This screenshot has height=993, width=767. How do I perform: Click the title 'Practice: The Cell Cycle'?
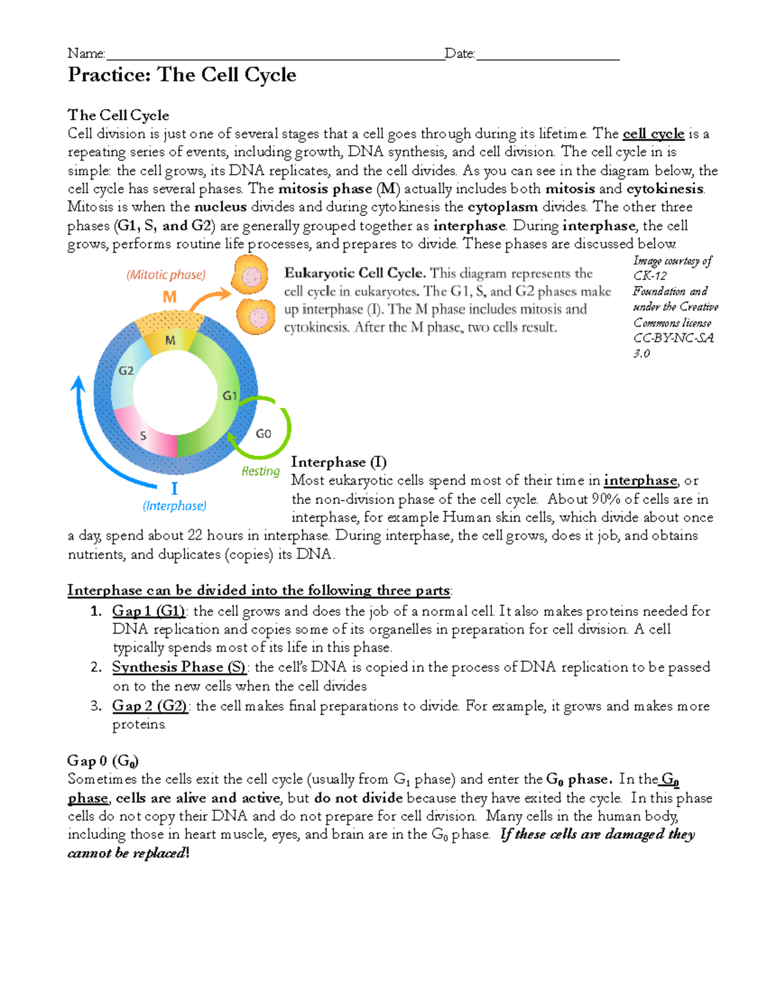click(x=182, y=75)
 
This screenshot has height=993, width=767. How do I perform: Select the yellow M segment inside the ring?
click(x=170, y=340)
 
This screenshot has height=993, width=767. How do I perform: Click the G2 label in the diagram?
click(x=126, y=370)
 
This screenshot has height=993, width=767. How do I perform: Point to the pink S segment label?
click(x=143, y=435)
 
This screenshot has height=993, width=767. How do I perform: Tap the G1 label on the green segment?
click(x=229, y=396)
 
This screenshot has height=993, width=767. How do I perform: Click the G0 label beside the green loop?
click(x=263, y=434)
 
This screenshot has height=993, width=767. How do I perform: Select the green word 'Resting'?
click(x=260, y=471)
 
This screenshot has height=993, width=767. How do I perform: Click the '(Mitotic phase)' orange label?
click(x=166, y=274)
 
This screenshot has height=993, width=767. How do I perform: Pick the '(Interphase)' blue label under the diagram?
click(x=174, y=506)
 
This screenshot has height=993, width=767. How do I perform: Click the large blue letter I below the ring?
click(x=174, y=489)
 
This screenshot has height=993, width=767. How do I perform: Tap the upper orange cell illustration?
click(x=251, y=276)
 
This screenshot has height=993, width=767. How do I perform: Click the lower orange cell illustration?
click(x=256, y=317)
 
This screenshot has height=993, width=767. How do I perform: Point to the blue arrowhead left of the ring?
click(x=78, y=384)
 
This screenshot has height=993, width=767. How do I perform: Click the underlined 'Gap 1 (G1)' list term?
click(x=149, y=611)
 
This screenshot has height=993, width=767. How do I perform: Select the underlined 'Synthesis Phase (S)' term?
click(x=179, y=667)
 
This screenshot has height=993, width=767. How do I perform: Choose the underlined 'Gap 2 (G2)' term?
click(x=150, y=706)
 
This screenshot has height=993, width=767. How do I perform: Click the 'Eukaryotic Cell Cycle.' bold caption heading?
click(x=355, y=273)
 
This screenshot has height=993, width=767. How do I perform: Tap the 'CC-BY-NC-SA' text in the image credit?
click(x=673, y=338)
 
